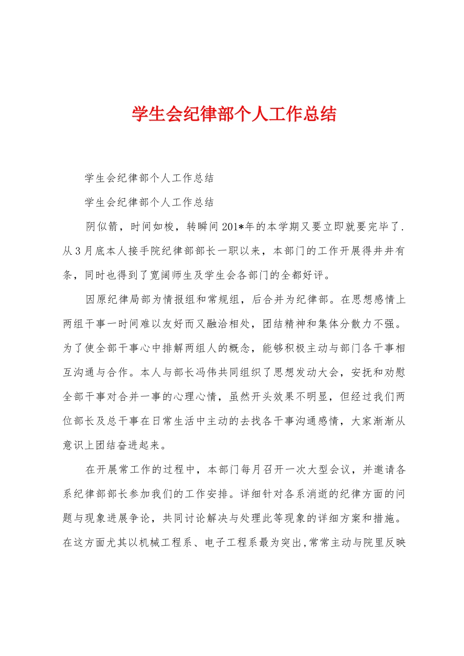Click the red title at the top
[234, 114]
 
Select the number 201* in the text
[232, 226]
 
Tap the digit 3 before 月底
[78, 251]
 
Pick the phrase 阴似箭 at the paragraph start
[102, 226]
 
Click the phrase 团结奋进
[113, 445]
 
